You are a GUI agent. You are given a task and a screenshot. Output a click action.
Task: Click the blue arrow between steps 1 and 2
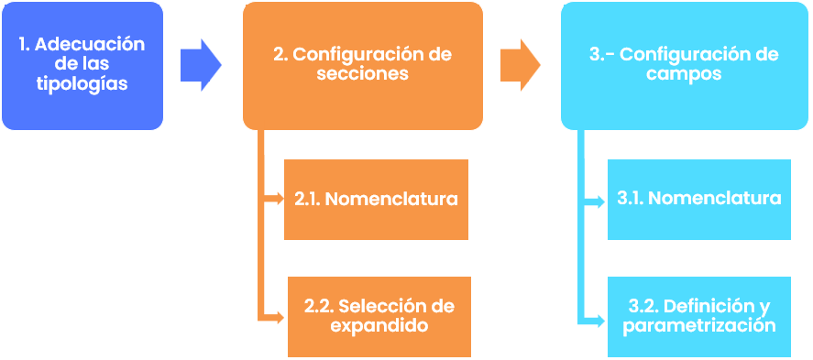point(200,64)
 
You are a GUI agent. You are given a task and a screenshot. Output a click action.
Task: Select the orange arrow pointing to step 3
point(520,64)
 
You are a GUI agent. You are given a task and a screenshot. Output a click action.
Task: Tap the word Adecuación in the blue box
point(96,44)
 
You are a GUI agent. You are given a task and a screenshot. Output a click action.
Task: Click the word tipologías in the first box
point(82,83)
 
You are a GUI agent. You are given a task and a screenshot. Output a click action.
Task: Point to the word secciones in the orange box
point(362,74)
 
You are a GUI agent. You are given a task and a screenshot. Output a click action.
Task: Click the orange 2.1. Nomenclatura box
point(376,199)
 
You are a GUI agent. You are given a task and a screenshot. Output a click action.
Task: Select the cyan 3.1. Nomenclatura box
point(698,199)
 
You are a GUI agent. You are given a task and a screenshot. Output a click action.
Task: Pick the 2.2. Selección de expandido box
point(379,316)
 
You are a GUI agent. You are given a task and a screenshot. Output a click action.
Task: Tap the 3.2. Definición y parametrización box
point(698,316)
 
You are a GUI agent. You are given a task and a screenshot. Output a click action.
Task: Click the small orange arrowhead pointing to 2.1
point(278,198)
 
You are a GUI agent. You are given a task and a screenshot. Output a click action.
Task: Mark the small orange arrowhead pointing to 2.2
point(280,318)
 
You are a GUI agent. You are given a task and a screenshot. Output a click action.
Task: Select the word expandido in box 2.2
point(379,325)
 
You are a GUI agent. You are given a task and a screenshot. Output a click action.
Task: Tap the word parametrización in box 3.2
point(699,325)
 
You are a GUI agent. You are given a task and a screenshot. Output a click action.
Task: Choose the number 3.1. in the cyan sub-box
point(631,199)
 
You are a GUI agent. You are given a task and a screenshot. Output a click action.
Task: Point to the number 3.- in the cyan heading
point(601,54)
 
